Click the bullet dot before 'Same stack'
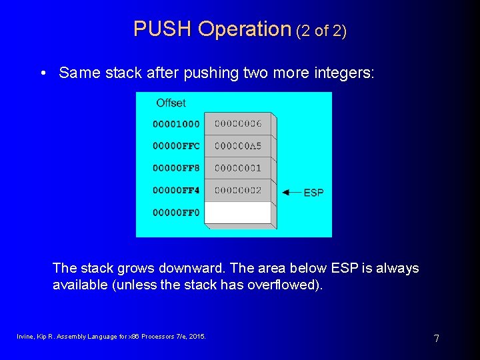pos(43,73)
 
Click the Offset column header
pos(171,103)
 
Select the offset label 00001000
pos(176,124)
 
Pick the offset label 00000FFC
pos(176,146)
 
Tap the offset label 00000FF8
pos(176,168)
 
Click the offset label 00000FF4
pos(176,190)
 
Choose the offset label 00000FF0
pos(176,213)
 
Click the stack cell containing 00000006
pos(238,123)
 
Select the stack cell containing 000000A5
pos(238,146)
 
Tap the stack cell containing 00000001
pos(238,168)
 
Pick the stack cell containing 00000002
pos(238,190)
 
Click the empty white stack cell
pos(238,213)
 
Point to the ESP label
pos(313,193)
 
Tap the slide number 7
pos(436,339)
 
